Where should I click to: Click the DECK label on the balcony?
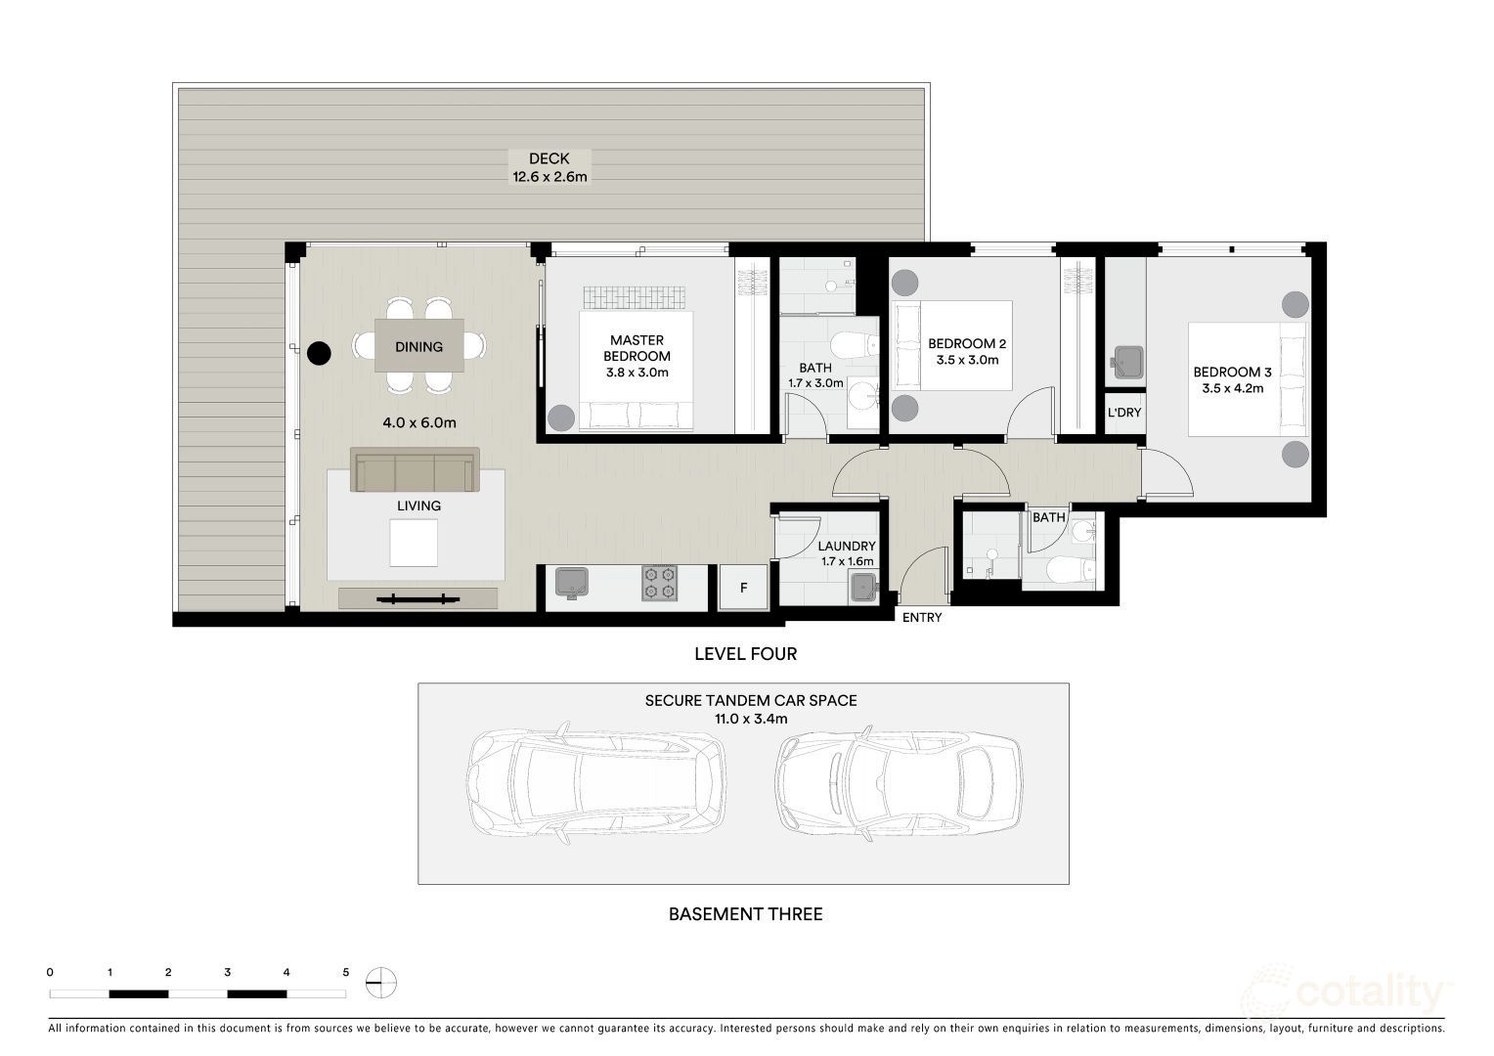click(549, 158)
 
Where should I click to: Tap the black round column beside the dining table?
click(319, 353)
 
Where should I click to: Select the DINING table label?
click(418, 347)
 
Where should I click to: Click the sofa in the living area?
click(415, 469)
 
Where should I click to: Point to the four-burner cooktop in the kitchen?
click(659, 583)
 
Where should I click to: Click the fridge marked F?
click(744, 587)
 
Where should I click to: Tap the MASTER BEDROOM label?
click(637, 348)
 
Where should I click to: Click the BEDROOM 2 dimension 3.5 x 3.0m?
click(967, 360)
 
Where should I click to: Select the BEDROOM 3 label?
click(1233, 373)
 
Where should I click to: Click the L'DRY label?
click(1124, 413)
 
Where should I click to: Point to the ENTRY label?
click(922, 618)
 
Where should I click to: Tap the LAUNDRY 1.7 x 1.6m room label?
click(847, 553)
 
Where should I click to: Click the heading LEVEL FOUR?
click(746, 654)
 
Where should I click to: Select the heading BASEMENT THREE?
click(746, 914)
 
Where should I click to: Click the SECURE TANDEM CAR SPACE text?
click(750, 700)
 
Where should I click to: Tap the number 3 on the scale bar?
click(228, 972)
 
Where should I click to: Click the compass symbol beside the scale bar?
click(381, 983)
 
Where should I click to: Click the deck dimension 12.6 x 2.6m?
click(549, 177)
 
